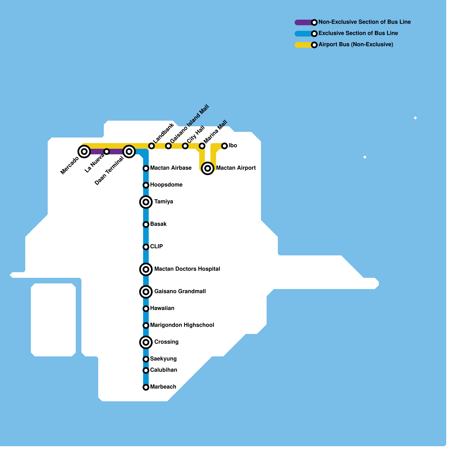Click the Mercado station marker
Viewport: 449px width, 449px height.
pos(84,152)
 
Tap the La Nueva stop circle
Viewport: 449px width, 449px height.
pos(107,152)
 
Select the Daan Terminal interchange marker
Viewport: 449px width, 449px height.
pos(129,152)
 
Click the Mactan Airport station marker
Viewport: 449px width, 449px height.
pos(208,168)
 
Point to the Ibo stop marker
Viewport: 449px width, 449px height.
pos(224,146)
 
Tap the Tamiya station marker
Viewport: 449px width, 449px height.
pos(146,202)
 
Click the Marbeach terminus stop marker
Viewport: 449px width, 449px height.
pos(146,387)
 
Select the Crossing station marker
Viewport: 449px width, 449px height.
pos(146,342)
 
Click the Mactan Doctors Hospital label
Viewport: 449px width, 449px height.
pos(187,269)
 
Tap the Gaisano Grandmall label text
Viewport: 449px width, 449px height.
pos(180,291)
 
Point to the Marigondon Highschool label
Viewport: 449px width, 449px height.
pos(182,325)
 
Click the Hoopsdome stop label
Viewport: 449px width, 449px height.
pos(166,185)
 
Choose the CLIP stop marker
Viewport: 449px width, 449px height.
pos(146,247)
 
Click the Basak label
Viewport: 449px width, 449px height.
pos(158,224)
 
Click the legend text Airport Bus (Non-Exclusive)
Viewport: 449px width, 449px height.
pos(356,44)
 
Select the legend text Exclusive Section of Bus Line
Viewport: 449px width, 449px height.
pos(358,33)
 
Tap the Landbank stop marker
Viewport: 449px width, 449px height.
pos(152,146)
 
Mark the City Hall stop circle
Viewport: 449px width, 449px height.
pos(185,146)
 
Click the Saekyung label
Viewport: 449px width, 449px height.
pos(163,359)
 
